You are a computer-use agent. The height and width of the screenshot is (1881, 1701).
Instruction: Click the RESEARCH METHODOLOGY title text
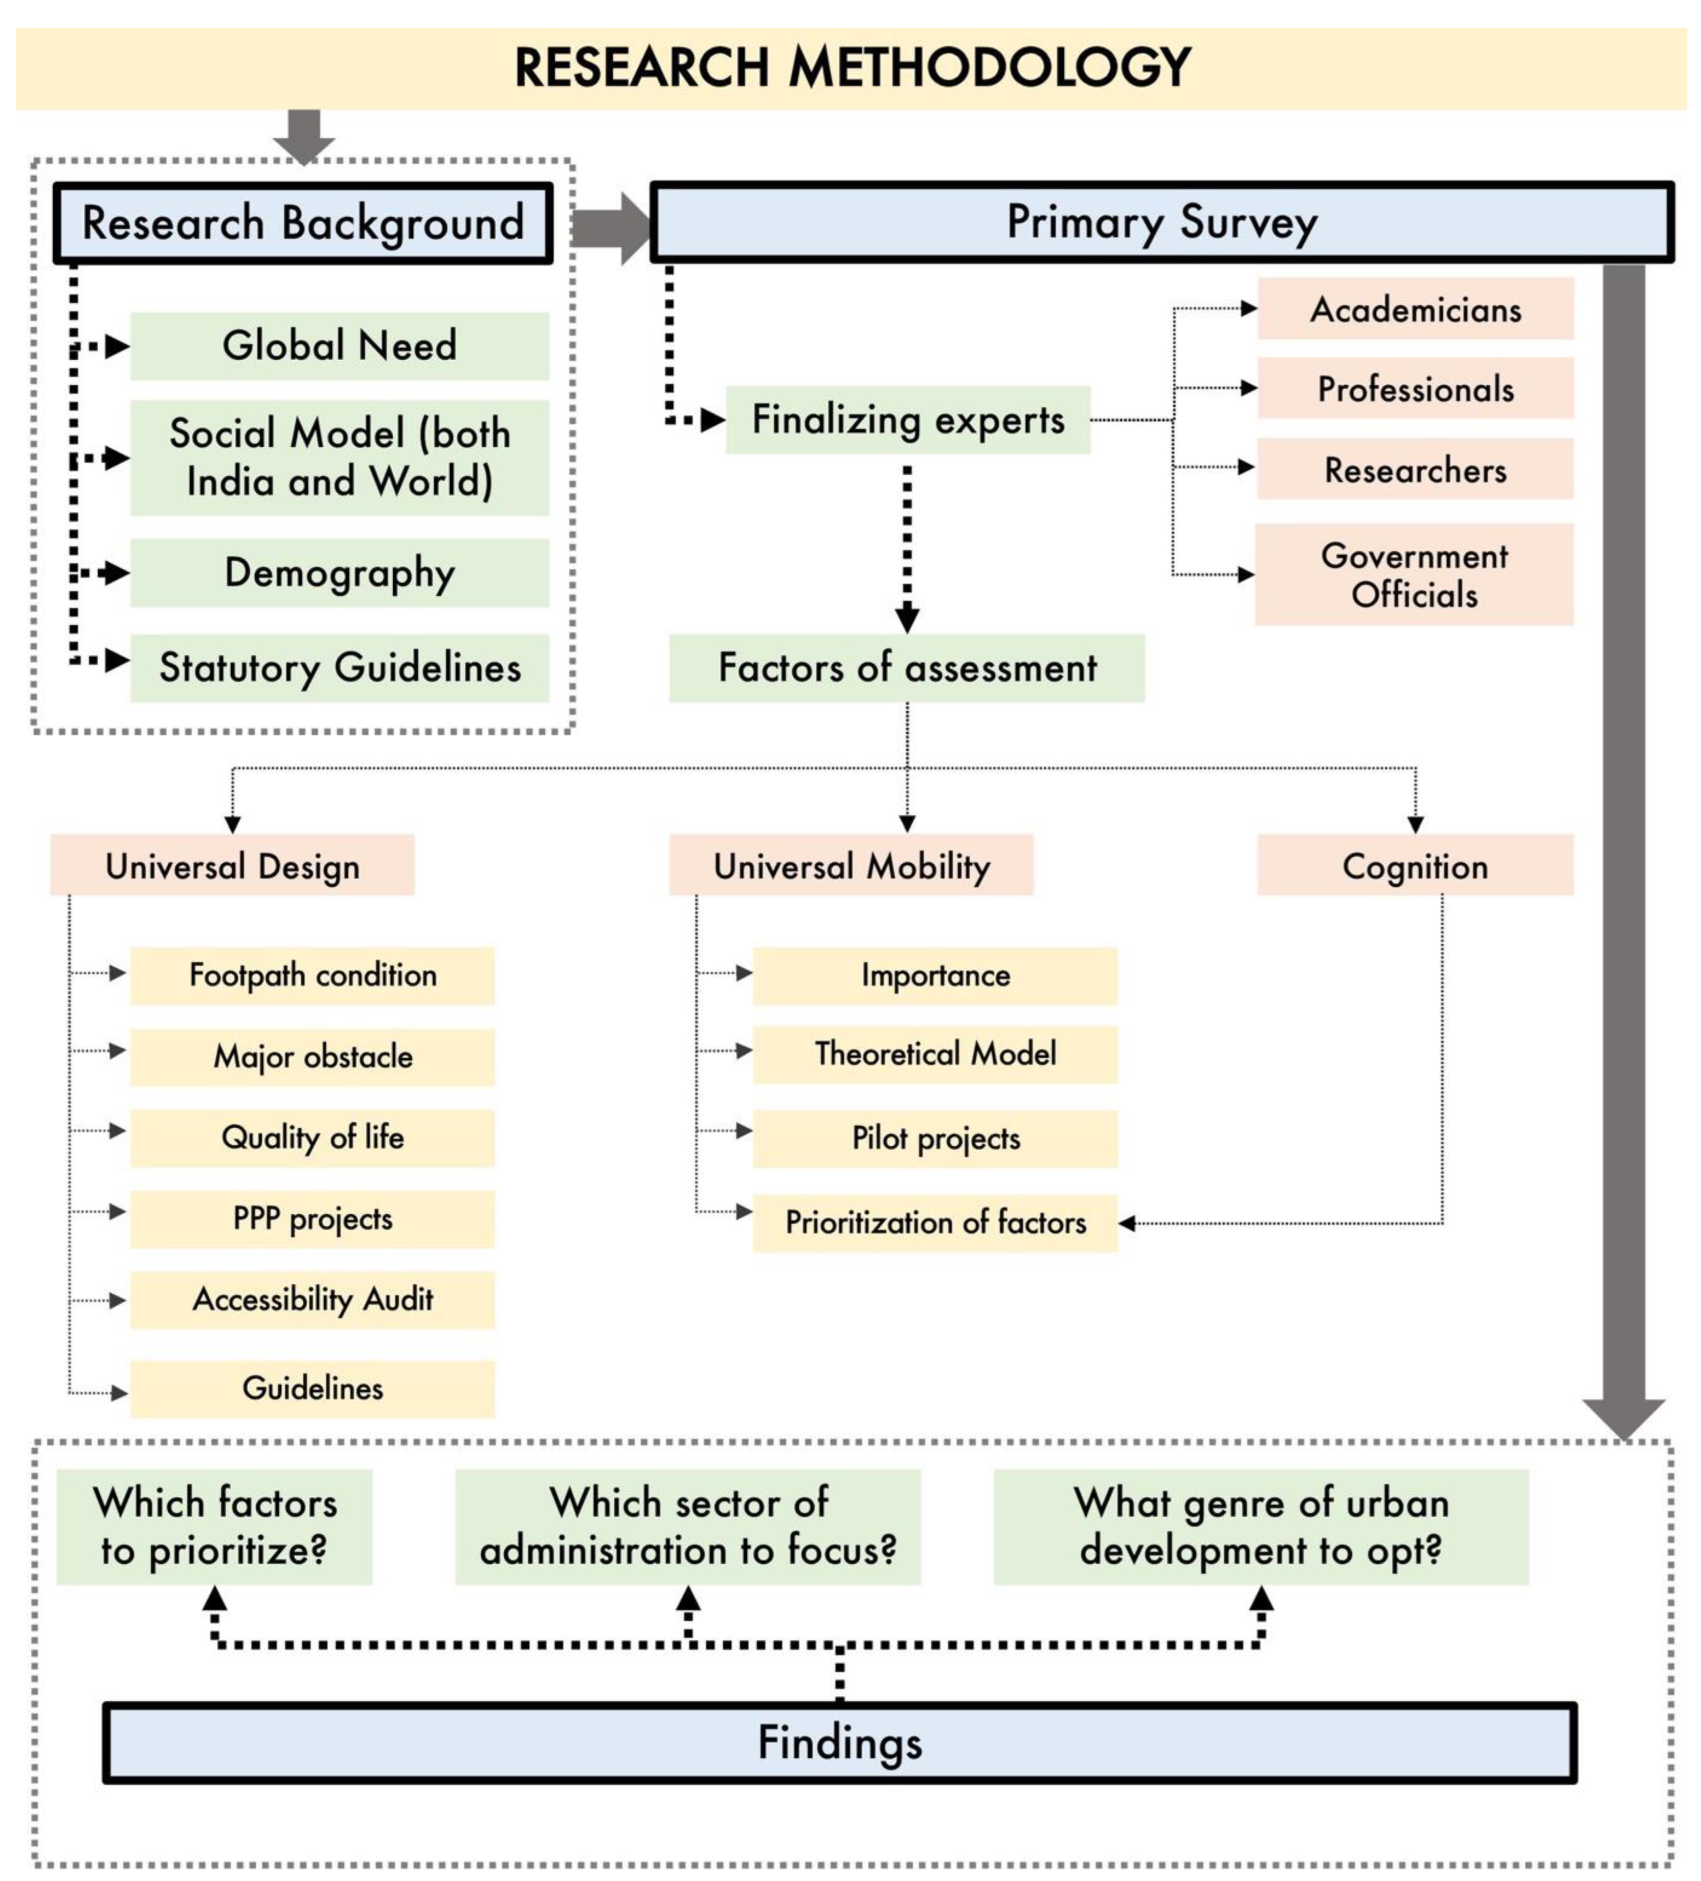point(852,67)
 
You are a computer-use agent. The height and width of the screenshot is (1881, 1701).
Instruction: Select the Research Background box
point(303,223)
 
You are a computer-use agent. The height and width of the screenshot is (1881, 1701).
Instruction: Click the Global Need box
point(340,346)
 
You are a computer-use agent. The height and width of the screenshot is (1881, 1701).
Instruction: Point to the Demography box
point(340,573)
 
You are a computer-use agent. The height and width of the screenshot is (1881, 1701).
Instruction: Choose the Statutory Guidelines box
point(340,668)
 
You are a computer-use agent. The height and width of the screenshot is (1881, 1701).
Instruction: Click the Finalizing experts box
point(907,420)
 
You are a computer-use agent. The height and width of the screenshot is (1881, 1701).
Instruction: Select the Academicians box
point(1415,309)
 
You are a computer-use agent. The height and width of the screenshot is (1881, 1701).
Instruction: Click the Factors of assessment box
point(906,668)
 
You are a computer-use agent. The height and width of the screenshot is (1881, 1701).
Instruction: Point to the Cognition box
point(1415,866)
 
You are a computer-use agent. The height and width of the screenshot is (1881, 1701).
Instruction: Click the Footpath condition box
point(312,975)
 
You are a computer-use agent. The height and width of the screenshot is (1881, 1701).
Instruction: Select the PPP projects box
point(312,1218)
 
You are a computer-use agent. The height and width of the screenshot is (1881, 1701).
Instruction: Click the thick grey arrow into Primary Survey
point(611,228)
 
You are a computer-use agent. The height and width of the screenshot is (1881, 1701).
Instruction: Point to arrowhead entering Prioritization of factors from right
point(1127,1222)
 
